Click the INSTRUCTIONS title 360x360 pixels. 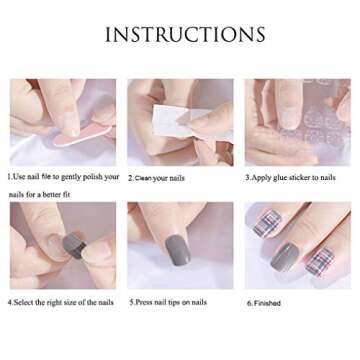tap(185, 35)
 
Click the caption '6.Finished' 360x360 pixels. tap(264, 302)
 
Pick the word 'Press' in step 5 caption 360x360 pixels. tap(143, 301)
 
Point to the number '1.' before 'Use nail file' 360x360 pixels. tap(9, 177)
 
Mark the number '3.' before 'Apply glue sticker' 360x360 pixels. tap(247, 177)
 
